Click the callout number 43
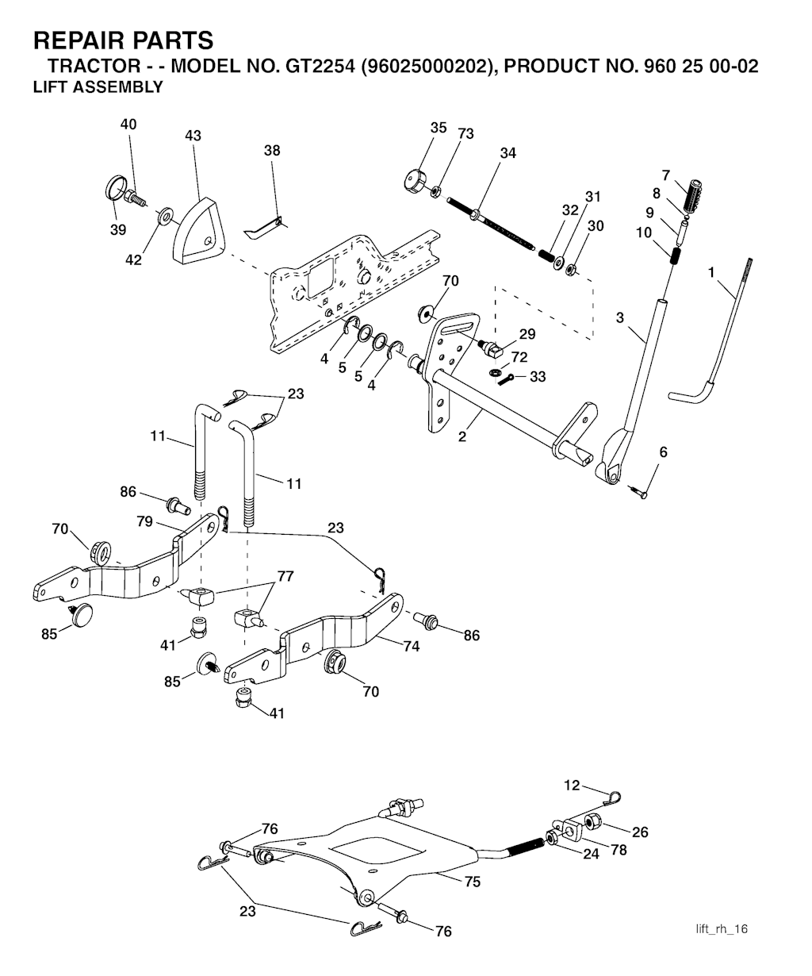coord(193,136)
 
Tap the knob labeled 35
coord(415,180)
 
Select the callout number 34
coord(507,153)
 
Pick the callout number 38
coord(272,150)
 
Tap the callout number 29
coord(527,334)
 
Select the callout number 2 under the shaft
coord(463,436)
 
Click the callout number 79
coord(144,522)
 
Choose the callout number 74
coord(411,646)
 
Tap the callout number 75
coord(473,881)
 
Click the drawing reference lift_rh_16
coord(722,929)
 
